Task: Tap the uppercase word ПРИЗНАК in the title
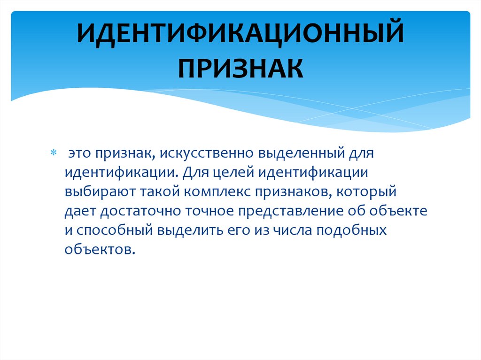click(240, 68)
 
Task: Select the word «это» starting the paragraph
click(80, 154)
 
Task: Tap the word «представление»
click(296, 211)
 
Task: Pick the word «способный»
click(111, 230)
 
